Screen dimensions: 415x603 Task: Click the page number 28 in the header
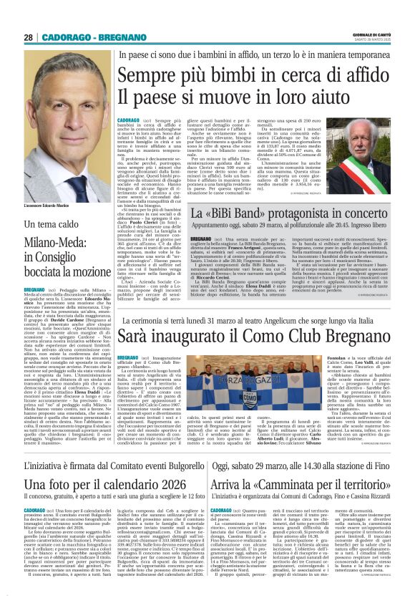click(x=28, y=37)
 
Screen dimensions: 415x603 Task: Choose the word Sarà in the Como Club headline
click(x=132, y=336)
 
